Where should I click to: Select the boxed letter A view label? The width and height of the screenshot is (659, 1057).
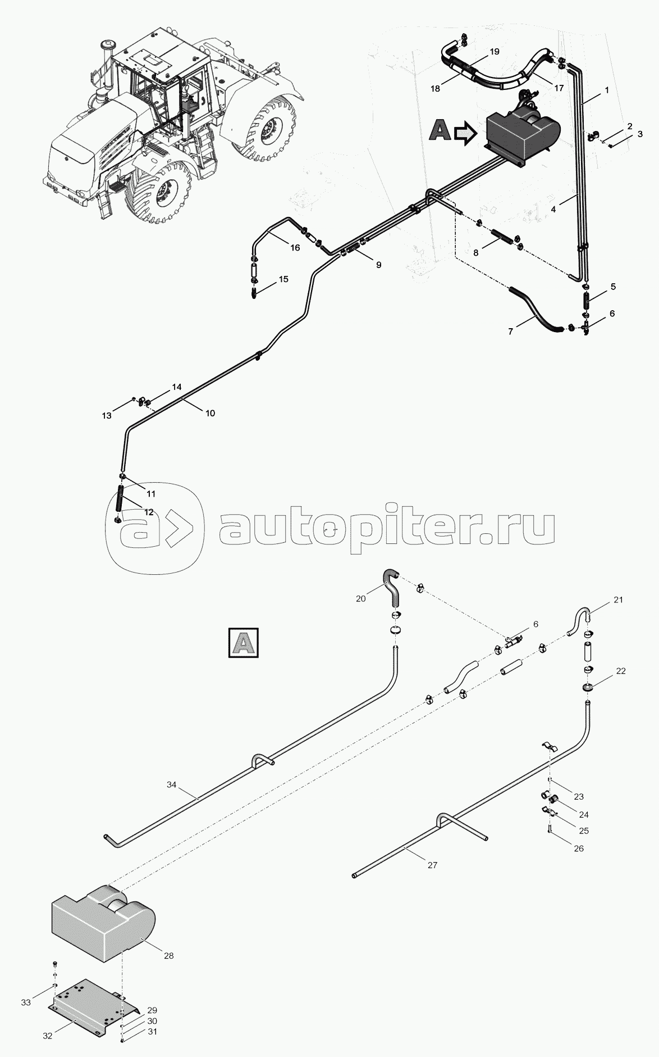tap(243, 642)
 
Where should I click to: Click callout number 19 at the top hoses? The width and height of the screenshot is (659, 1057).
tap(494, 52)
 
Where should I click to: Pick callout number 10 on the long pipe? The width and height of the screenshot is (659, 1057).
tap(209, 413)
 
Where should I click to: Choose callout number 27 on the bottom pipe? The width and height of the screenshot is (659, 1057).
tap(432, 865)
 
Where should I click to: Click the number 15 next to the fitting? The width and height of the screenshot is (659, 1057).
tap(283, 279)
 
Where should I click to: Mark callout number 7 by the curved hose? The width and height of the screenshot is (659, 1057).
tap(510, 332)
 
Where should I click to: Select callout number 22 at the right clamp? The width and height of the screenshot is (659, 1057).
tap(620, 671)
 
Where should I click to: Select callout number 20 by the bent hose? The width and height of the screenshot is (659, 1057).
tap(360, 598)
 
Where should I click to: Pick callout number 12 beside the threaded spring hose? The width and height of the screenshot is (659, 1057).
tap(148, 512)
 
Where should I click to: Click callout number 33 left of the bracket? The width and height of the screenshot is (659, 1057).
tap(26, 1003)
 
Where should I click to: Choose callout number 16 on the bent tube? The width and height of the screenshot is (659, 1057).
tap(295, 247)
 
